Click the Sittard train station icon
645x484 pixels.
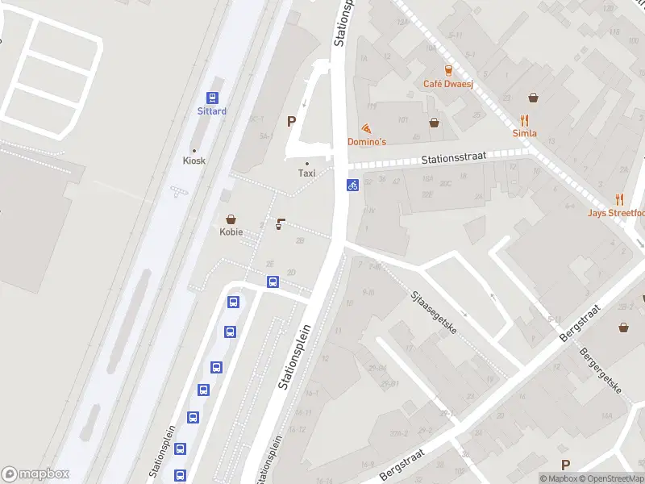click(x=213, y=96)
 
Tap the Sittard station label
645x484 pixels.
click(x=212, y=111)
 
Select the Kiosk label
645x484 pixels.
click(x=194, y=161)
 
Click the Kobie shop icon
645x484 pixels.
click(x=231, y=219)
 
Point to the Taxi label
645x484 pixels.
click(x=306, y=173)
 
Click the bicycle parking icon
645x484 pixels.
click(x=352, y=185)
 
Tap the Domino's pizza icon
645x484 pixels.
click(x=367, y=128)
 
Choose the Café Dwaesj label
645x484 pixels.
click(x=447, y=83)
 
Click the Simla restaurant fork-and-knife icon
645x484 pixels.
click(x=531, y=98)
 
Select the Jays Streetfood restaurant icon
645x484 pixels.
click(x=619, y=198)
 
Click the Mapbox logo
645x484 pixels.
click(x=35, y=474)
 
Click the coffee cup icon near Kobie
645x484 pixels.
click(x=280, y=223)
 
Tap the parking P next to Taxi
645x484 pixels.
click(x=291, y=122)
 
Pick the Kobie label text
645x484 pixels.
click(x=231, y=232)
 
